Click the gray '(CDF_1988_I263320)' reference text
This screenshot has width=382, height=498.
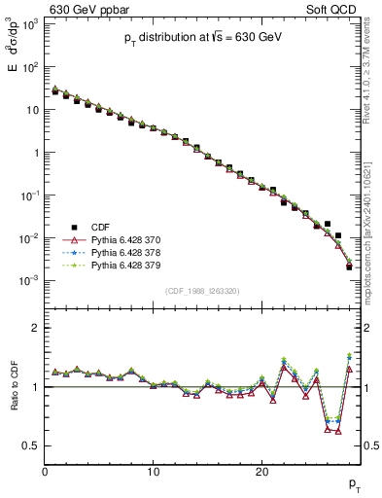click(x=202, y=291)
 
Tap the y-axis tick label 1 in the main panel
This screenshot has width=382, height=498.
click(x=35, y=153)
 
